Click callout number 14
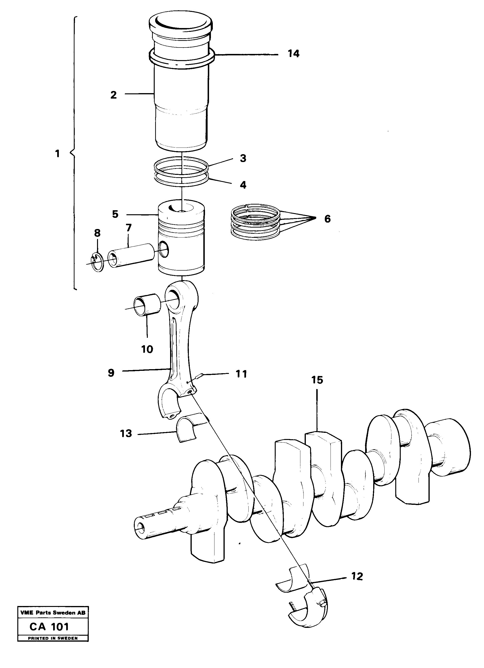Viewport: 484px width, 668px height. click(293, 54)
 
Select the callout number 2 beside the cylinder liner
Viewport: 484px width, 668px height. click(114, 95)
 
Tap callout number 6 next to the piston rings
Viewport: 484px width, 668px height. click(327, 219)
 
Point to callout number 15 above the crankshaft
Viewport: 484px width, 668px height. click(317, 380)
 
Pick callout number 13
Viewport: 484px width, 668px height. click(126, 434)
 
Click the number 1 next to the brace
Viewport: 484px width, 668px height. click(58, 153)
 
